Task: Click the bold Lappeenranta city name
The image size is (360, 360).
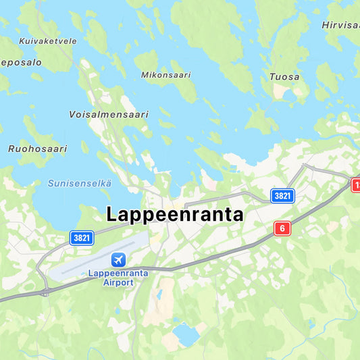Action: click(175, 215)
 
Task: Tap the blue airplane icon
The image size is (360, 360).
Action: click(119, 259)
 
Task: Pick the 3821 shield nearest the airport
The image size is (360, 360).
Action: click(82, 237)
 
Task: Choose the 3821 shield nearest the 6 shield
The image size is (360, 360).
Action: click(282, 196)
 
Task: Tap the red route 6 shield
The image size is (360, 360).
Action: click(282, 228)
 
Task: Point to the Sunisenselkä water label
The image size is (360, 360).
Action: click(80, 183)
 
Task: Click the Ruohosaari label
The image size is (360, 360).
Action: click(37, 149)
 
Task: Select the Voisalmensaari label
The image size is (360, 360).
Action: click(108, 115)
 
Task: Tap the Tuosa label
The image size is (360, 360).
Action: click(284, 77)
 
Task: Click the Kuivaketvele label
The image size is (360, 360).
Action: click(47, 41)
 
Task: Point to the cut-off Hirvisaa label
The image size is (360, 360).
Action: click(340, 25)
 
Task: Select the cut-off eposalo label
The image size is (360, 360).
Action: click(21, 62)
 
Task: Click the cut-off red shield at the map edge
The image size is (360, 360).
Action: click(355, 184)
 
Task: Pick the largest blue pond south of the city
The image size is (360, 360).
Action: click(185, 334)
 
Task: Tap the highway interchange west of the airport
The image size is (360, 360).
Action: click(45, 292)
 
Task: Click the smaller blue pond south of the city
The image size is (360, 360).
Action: click(159, 294)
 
